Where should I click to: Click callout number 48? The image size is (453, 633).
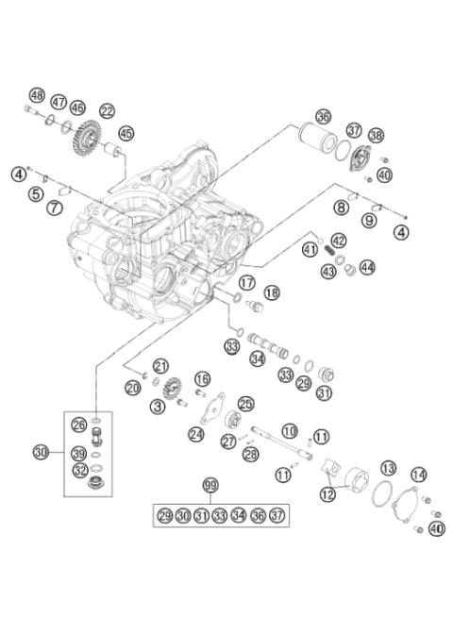(37, 95)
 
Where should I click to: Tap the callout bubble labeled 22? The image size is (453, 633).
(107, 110)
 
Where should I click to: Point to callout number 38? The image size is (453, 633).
(376, 136)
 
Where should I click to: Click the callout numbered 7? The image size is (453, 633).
(56, 206)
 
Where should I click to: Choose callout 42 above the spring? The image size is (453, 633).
(338, 241)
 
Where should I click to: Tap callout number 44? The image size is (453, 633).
(366, 267)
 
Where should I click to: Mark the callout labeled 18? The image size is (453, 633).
(272, 292)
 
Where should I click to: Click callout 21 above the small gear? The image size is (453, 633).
(160, 366)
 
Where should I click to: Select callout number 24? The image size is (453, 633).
(196, 434)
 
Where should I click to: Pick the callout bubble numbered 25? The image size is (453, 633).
(245, 404)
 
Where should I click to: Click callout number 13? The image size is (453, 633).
(388, 469)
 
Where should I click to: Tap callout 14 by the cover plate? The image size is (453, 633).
(418, 475)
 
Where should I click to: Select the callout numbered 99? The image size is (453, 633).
(210, 485)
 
